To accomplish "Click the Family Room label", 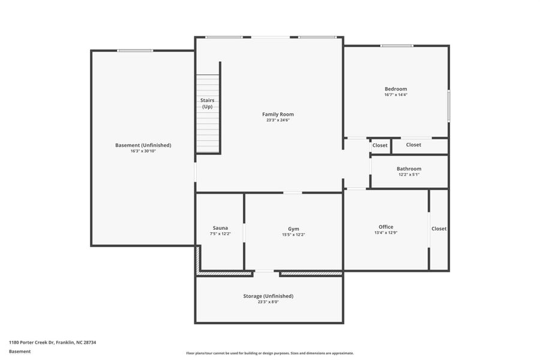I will click(278, 114).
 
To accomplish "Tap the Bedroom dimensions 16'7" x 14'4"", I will click(395, 95).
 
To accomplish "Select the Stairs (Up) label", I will click(207, 103).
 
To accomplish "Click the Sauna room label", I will click(220, 228).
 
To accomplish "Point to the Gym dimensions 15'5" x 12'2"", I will click(293, 235).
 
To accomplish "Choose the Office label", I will click(386, 227).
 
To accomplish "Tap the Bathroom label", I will click(409, 169).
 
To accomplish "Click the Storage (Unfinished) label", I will click(268, 296).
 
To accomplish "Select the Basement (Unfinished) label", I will click(143, 145).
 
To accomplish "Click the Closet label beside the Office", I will click(439, 229).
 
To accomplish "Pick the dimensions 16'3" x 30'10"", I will click(143, 151).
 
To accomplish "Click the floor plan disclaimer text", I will click(269, 353).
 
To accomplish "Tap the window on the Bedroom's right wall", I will click(448, 106).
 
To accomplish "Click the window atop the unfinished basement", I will click(135, 50).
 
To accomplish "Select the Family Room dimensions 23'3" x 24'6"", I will click(278, 120).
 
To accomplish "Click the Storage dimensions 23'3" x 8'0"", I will click(268, 302).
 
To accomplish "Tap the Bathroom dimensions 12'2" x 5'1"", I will click(409, 175).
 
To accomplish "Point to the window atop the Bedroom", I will click(397, 46).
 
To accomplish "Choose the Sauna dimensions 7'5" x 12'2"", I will click(220, 234).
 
